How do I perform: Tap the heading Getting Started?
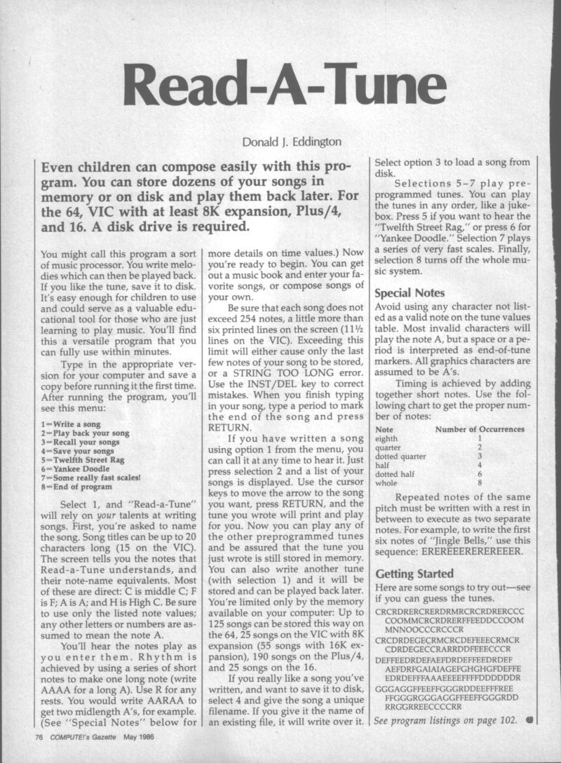click(x=414, y=574)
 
